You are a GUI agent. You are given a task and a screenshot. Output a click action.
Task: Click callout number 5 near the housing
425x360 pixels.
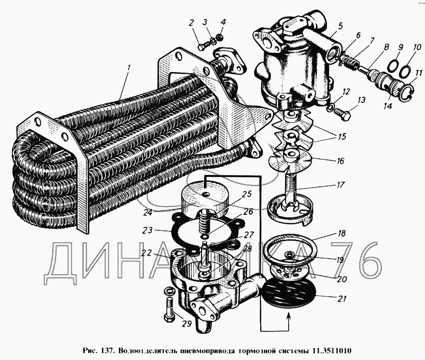[341, 26]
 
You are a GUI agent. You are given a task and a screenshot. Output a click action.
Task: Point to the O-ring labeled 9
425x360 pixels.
[393, 65]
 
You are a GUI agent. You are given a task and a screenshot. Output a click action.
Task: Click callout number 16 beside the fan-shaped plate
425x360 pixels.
[340, 160]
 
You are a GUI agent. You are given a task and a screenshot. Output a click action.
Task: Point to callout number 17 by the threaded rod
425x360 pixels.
[340, 185]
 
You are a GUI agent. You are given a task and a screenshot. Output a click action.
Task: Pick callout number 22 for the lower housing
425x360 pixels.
[146, 253]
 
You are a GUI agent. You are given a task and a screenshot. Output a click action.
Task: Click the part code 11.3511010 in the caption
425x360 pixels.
[331, 351]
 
